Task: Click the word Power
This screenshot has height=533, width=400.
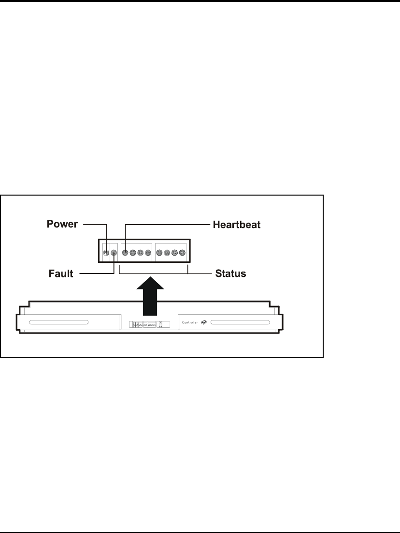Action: (x=63, y=225)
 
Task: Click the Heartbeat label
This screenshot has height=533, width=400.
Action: (x=237, y=225)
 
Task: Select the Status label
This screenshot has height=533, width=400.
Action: (x=230, y=274)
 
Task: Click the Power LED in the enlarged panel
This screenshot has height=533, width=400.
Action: (x=106, y=252)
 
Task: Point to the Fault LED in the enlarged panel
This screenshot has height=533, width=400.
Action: (x=114, y=252)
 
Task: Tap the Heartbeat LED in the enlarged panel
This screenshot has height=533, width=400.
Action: (x=125, y=252)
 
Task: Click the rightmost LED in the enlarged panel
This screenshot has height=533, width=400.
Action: (x=182, y=252)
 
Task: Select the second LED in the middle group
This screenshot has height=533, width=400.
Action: (x=133, y=252)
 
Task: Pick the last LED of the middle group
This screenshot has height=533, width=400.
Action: (x=148, y=252)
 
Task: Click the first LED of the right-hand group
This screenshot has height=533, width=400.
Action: (x=159, y=252)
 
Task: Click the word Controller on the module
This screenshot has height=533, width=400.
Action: (x=190, y=321)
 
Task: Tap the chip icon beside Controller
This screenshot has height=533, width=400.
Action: (x=204, y=321)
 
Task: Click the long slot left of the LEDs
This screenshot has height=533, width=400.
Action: (x=58, y=322)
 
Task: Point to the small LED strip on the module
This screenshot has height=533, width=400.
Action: (x=143, y=324)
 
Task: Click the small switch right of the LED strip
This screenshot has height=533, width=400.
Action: (x=161, y=323)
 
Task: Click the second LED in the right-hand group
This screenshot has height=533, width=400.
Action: (x=167, y=252)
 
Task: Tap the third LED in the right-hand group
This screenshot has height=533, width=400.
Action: (x=175, y=252)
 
